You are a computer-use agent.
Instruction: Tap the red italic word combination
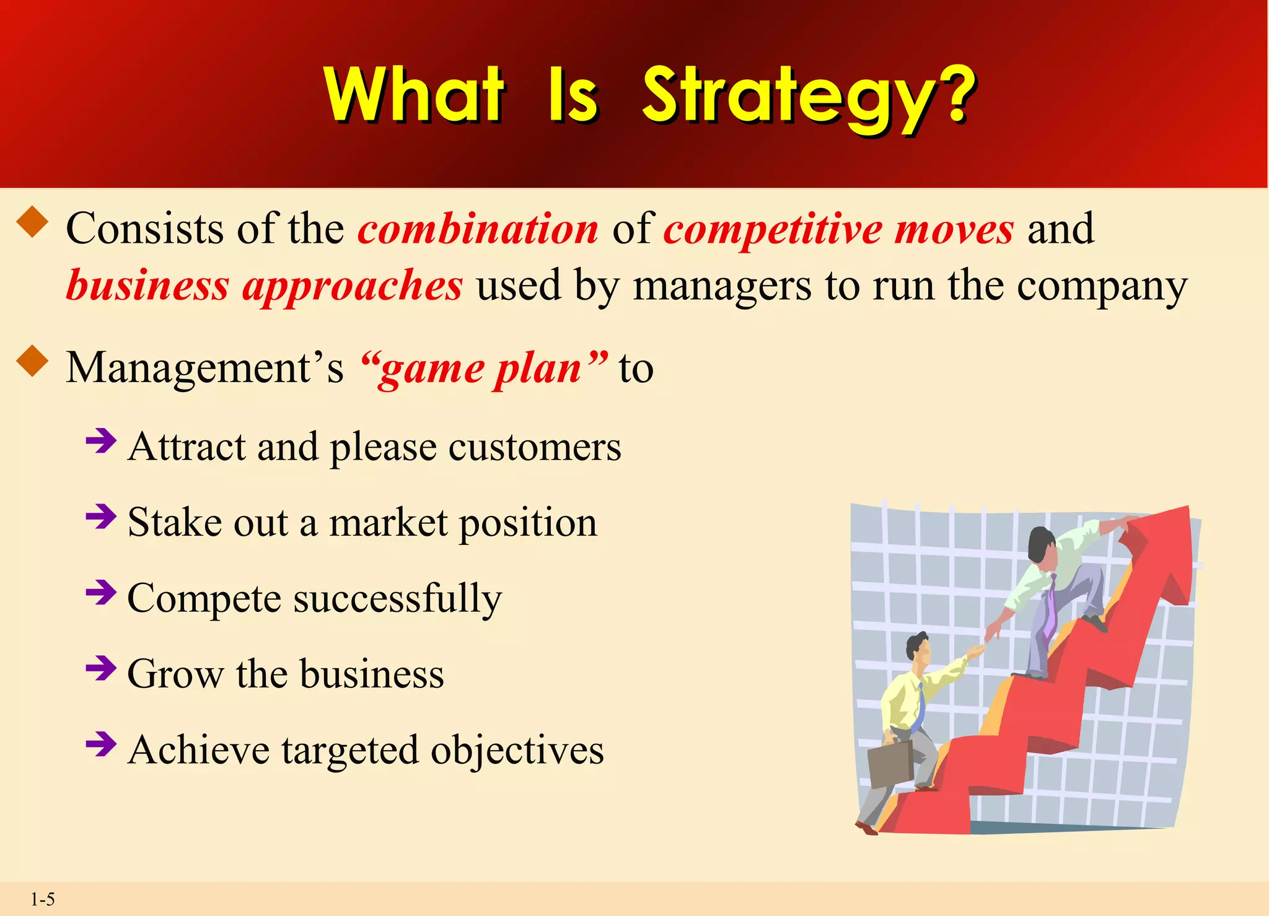(x=478, y=229)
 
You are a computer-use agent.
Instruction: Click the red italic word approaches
(x=352, y=286)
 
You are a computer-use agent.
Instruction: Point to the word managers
(x=722, y=286)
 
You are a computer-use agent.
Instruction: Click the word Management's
(x=204, y=368)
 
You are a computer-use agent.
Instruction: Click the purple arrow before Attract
(x=101, y=442)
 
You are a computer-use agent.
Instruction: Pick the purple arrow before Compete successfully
(x=101, y=593)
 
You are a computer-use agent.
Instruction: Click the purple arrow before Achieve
(x=101, y=744)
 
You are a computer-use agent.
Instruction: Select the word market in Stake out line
(x=388, y=523)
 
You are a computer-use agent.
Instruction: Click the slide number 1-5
(x=43, y=899)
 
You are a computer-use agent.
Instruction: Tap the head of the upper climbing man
(x=1042, y=545)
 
